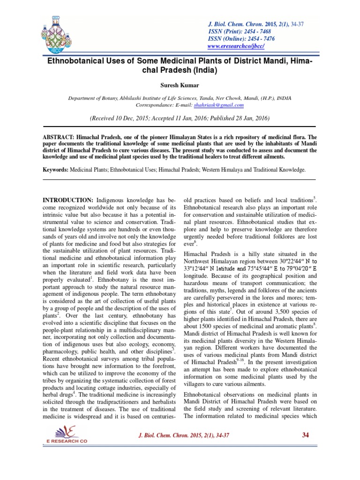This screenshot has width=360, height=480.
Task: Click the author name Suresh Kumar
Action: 180,86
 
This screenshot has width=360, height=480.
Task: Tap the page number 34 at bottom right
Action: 306,435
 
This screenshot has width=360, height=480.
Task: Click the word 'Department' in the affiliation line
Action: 83,98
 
